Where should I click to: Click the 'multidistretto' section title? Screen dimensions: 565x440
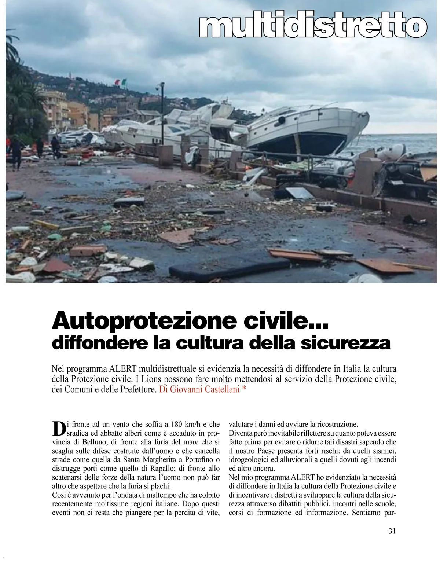coord(313,25)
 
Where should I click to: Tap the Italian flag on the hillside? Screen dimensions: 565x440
coord(121,82)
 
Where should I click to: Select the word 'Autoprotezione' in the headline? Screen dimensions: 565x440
coord(144,320)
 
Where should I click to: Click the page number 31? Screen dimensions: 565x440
coord(392,531)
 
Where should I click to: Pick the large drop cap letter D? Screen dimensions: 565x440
coord(59,428)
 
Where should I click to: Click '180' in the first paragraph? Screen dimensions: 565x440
coord(176,425)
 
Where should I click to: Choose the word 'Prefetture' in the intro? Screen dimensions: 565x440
coord(137,389)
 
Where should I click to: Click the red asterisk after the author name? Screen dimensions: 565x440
coord(244,389)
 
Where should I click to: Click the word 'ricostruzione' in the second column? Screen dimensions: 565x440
coord(336,425)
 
